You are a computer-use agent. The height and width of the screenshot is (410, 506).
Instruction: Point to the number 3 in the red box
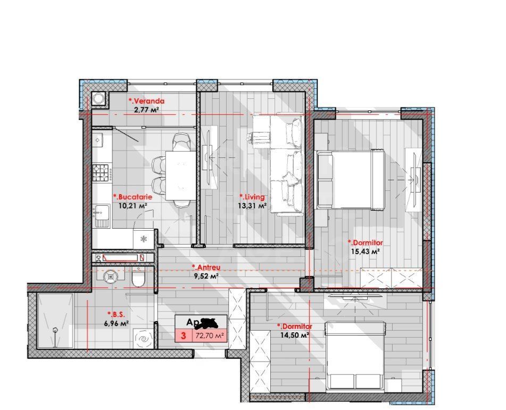(184, 336)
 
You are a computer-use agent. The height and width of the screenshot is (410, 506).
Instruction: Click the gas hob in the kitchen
(101, 171)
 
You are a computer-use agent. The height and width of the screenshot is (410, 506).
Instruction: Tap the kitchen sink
(101, 215)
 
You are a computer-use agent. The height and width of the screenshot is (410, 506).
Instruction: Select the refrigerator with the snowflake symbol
(143, 238)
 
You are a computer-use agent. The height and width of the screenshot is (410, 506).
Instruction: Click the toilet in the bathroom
(138, 279)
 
